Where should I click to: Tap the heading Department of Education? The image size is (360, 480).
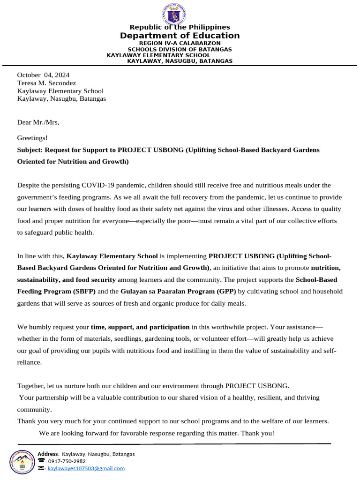pyautogui.click(x=180, y=36)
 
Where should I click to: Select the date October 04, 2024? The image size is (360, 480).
pyautogui.click(x=43, y=75)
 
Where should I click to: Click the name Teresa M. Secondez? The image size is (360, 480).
pyautogui.click(x=46, y=83)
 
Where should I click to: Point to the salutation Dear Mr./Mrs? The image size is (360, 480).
pyautogui.click(x=38, y=122)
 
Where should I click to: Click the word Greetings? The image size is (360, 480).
pyautogui.click(x=32, y=138)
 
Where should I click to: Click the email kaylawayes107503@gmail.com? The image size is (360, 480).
pyautogui.click(x=86, y=468)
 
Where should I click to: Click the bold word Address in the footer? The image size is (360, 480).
pyautogui.click(x=48, y=454)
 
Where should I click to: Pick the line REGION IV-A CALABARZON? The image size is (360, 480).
pyautogui.click(x=180, y=44)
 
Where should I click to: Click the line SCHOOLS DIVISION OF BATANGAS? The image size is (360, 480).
pyautogui.click(x=180, y=49)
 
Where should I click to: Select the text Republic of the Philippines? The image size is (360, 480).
pyautogui.click(x=180, y=28)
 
